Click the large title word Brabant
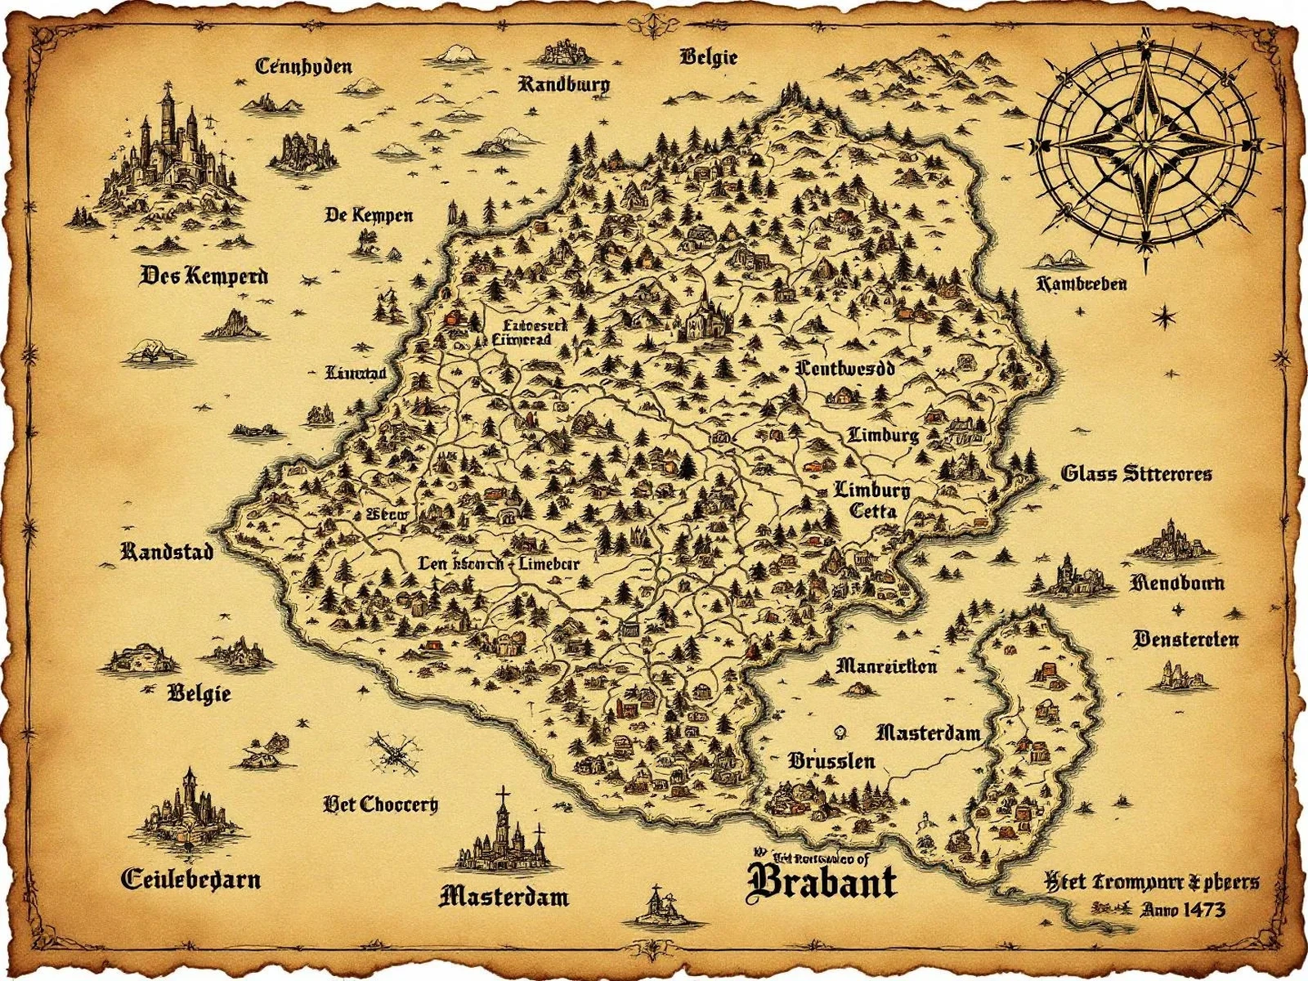click(822, 881)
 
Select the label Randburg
click(563, 83)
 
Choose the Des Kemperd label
click(204, 275)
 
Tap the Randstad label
click(167, 552)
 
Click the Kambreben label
click(1081, 284)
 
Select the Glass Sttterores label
click(1136, 473)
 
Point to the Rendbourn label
click(1177, 583)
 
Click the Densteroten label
click(1185, 639)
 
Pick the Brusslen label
click(831, 761)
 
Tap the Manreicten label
click(886, 665)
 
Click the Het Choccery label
click(381, 804)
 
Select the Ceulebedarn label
click(190, 880)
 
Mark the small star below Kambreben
click(1164, 315)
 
